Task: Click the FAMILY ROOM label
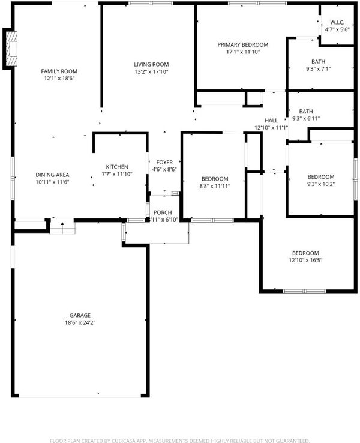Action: click(x=59, y=71)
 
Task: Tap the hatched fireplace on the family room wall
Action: click(x=11, y=48)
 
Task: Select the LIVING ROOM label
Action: click(x=151, y=64)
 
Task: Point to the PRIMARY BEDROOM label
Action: click(x=243, y=44)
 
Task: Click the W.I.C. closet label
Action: click(x=337, y=22)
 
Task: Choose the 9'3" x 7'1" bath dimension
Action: click(x=318, y=68)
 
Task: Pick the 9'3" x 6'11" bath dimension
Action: click(x=306, y=119)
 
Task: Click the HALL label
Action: click(x=271, y=121)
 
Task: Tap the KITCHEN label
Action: click(x=117, y=167)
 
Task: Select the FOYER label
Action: click(x=164, y=163)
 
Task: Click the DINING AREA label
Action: click(x=52, y=175)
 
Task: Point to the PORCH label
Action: click(x=163, y=212)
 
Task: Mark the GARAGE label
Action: click(x=80, y=315)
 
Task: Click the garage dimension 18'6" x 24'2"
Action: click(x=80, y=322)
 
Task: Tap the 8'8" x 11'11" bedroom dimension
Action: click(x=215, y=186)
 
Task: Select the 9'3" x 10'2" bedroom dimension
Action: click(x=321, y=184)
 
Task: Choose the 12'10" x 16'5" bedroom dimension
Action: click(x=305, y=260)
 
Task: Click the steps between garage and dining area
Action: click(x=62, y=226)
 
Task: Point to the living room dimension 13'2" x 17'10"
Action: click(x=151, y=72)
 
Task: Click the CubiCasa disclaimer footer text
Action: click(x=180, y=441)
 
